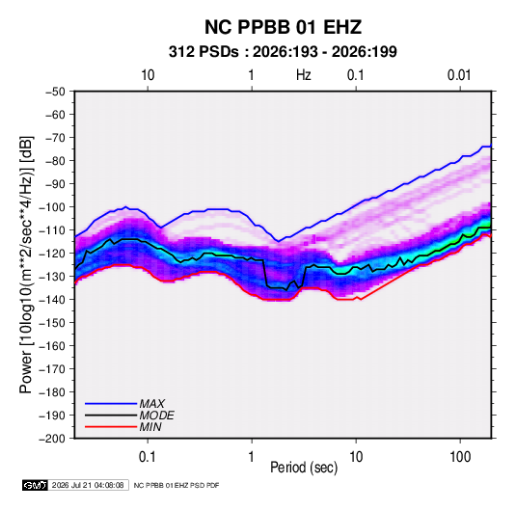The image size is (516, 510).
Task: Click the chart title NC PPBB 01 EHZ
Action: [283, 27]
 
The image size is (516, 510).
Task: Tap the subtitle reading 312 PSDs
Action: [204, 52]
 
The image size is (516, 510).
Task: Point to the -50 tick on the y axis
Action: [55, 92]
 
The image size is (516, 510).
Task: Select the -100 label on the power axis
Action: [52, 207]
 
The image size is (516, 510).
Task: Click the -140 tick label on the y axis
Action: [52, 300]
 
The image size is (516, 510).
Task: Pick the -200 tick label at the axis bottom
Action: [52, 439]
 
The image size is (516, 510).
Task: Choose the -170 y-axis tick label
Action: [52, 369]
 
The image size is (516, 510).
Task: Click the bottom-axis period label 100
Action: [460, 457]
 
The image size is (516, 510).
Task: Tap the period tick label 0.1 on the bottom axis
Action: [148, 457]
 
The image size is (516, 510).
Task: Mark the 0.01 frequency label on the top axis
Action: [459, 75]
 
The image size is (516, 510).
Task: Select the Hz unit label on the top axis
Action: [304, 75]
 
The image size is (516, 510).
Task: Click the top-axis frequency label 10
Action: [148, 75]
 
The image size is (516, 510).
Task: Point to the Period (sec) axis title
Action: [304, 468]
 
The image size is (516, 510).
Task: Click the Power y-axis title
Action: [26, 265]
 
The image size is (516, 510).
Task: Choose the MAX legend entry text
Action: [152, 403]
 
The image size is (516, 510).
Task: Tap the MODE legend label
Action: [156, 416]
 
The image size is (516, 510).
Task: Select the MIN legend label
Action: [150, 427]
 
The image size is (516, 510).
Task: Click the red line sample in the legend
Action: [111, 427]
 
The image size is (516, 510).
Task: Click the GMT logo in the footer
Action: [36, 485]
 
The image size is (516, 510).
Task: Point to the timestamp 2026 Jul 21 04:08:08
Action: [88, 485]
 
